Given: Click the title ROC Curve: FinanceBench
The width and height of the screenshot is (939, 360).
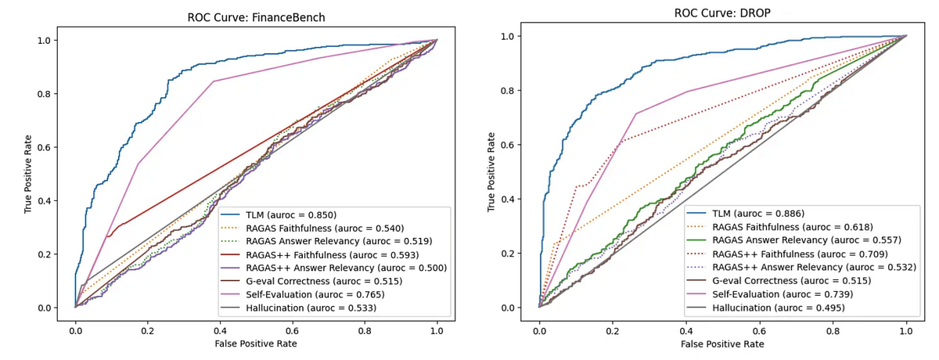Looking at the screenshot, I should click(x=256, y=17).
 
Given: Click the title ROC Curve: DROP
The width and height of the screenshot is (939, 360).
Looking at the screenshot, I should click(x=722, y=13).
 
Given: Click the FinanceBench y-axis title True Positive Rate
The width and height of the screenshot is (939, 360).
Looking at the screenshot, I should click(x=29, y=173).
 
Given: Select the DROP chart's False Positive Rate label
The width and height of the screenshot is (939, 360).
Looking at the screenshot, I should click(x=722, y=344).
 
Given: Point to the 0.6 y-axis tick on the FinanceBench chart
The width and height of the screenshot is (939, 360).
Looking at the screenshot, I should click(x=45, y=147).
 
